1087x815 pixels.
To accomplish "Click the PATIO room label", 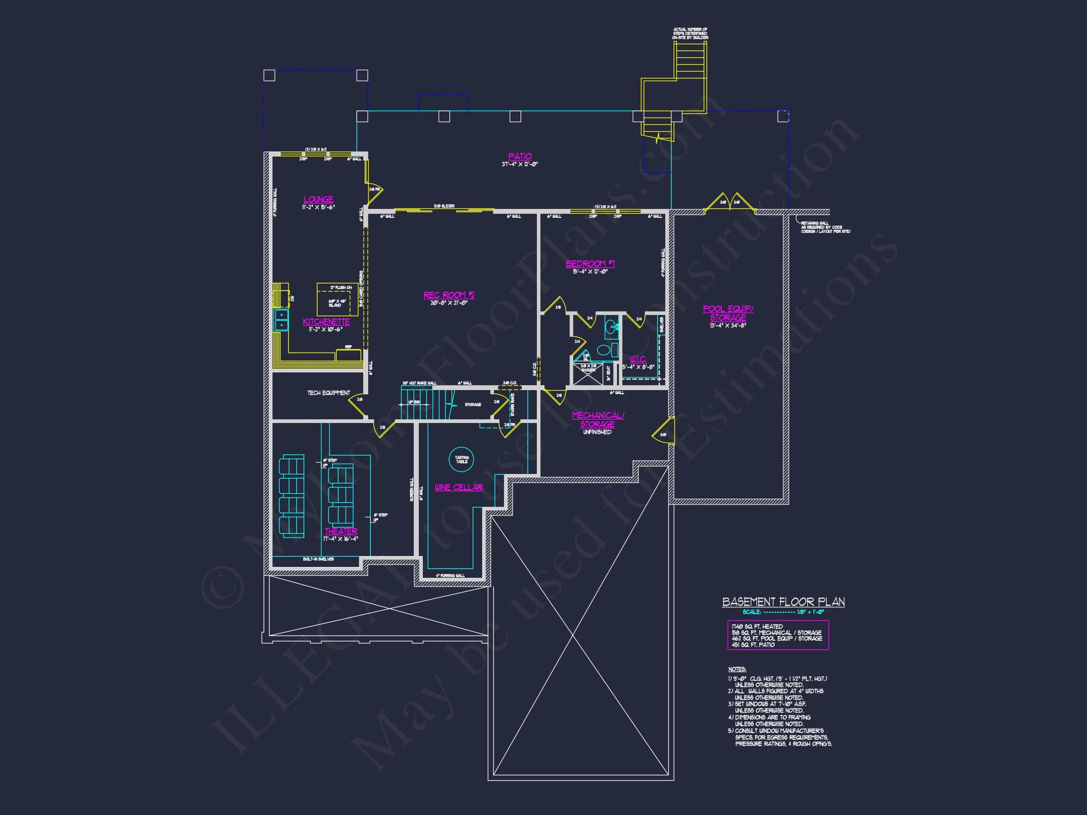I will coord(519,156).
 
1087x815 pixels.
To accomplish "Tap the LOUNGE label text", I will coord(318,200).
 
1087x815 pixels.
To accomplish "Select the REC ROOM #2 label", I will coord(449,295).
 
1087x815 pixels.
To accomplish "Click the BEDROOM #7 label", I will coord(590,264).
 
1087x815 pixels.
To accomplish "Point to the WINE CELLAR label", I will coord(459,487).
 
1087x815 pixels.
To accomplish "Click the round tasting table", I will coord(461,459).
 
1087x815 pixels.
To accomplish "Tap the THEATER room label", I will coord(341,532).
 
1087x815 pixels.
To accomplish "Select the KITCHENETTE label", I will coord(326,322).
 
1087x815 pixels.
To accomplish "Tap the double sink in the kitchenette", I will coord(281,319).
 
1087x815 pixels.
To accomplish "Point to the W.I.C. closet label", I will coord(638,359).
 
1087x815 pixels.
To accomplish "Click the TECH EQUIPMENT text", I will coord(329,393).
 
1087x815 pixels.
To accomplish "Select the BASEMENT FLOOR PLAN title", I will coord(783,602).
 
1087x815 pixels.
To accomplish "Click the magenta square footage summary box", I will coord(778,635).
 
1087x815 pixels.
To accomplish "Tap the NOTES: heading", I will coord(736,670).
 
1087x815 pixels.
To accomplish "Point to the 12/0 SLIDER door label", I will coord(444,206).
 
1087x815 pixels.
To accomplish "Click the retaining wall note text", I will coord(825,227).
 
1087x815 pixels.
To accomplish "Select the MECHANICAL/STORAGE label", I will coord(598,420).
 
